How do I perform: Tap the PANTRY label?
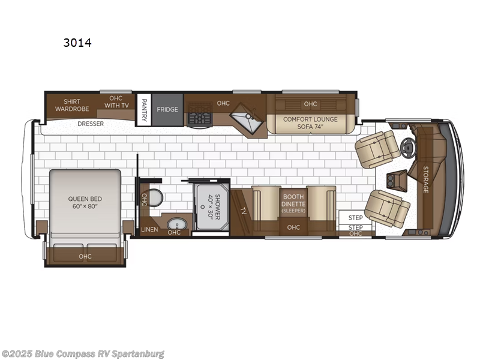click(x=144, y=110)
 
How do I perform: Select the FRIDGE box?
click(x=167, y=110)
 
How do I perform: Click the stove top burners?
click(x=199, y=118)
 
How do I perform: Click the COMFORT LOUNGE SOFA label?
click(x=310, y=122)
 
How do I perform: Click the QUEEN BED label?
click(x=84, y=202)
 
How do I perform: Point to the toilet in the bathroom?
click(x=155, y=197)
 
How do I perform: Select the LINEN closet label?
click(x=149, y=230)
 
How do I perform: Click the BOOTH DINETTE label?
click(x=293, y=203)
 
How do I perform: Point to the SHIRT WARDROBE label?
click(x=68, y=105)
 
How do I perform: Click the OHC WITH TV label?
click(x=116, y=102)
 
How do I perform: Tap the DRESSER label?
click(x=91, y=124)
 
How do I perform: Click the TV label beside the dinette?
click(x=242, y=211)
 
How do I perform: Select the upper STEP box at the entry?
click(x=356, y=217)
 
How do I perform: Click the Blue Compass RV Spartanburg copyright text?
click(x=83, y=353)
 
